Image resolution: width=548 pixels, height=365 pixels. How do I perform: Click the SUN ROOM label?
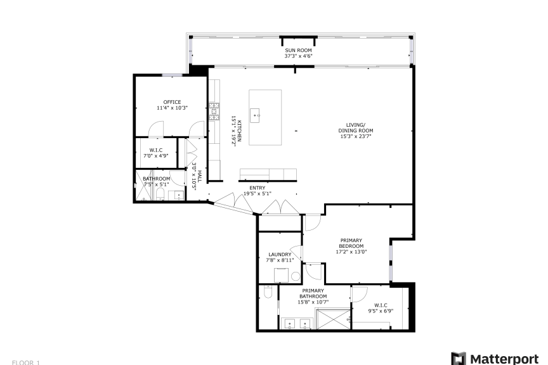click(298, 50)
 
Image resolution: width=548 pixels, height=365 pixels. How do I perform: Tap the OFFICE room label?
click(173, 103)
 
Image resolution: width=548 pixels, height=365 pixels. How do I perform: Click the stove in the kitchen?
click(214, 112)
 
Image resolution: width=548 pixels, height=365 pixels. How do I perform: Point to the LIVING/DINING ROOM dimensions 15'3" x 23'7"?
click(356, 136)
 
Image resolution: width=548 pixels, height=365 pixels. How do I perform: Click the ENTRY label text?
click(258, 188)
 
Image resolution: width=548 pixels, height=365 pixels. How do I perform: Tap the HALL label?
click(200, 176)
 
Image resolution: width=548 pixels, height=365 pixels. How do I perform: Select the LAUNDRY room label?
click(280, 255)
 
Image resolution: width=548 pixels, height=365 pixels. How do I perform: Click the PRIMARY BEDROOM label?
click(351, 243)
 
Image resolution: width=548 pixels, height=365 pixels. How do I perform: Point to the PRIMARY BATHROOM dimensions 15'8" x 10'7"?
click(313, 302)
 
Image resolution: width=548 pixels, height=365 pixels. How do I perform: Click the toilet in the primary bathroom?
click(268, 292)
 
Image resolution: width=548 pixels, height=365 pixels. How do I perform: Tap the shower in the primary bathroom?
click(333, 319)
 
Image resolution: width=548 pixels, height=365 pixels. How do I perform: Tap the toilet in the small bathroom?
click(160, 194)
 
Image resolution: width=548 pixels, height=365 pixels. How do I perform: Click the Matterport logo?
click(495, 359)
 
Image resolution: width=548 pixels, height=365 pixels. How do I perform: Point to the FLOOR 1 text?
click(26, 362)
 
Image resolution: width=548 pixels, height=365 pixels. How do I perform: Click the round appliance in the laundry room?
click(296, 277)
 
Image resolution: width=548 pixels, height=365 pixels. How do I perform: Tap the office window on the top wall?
click(172, 75)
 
